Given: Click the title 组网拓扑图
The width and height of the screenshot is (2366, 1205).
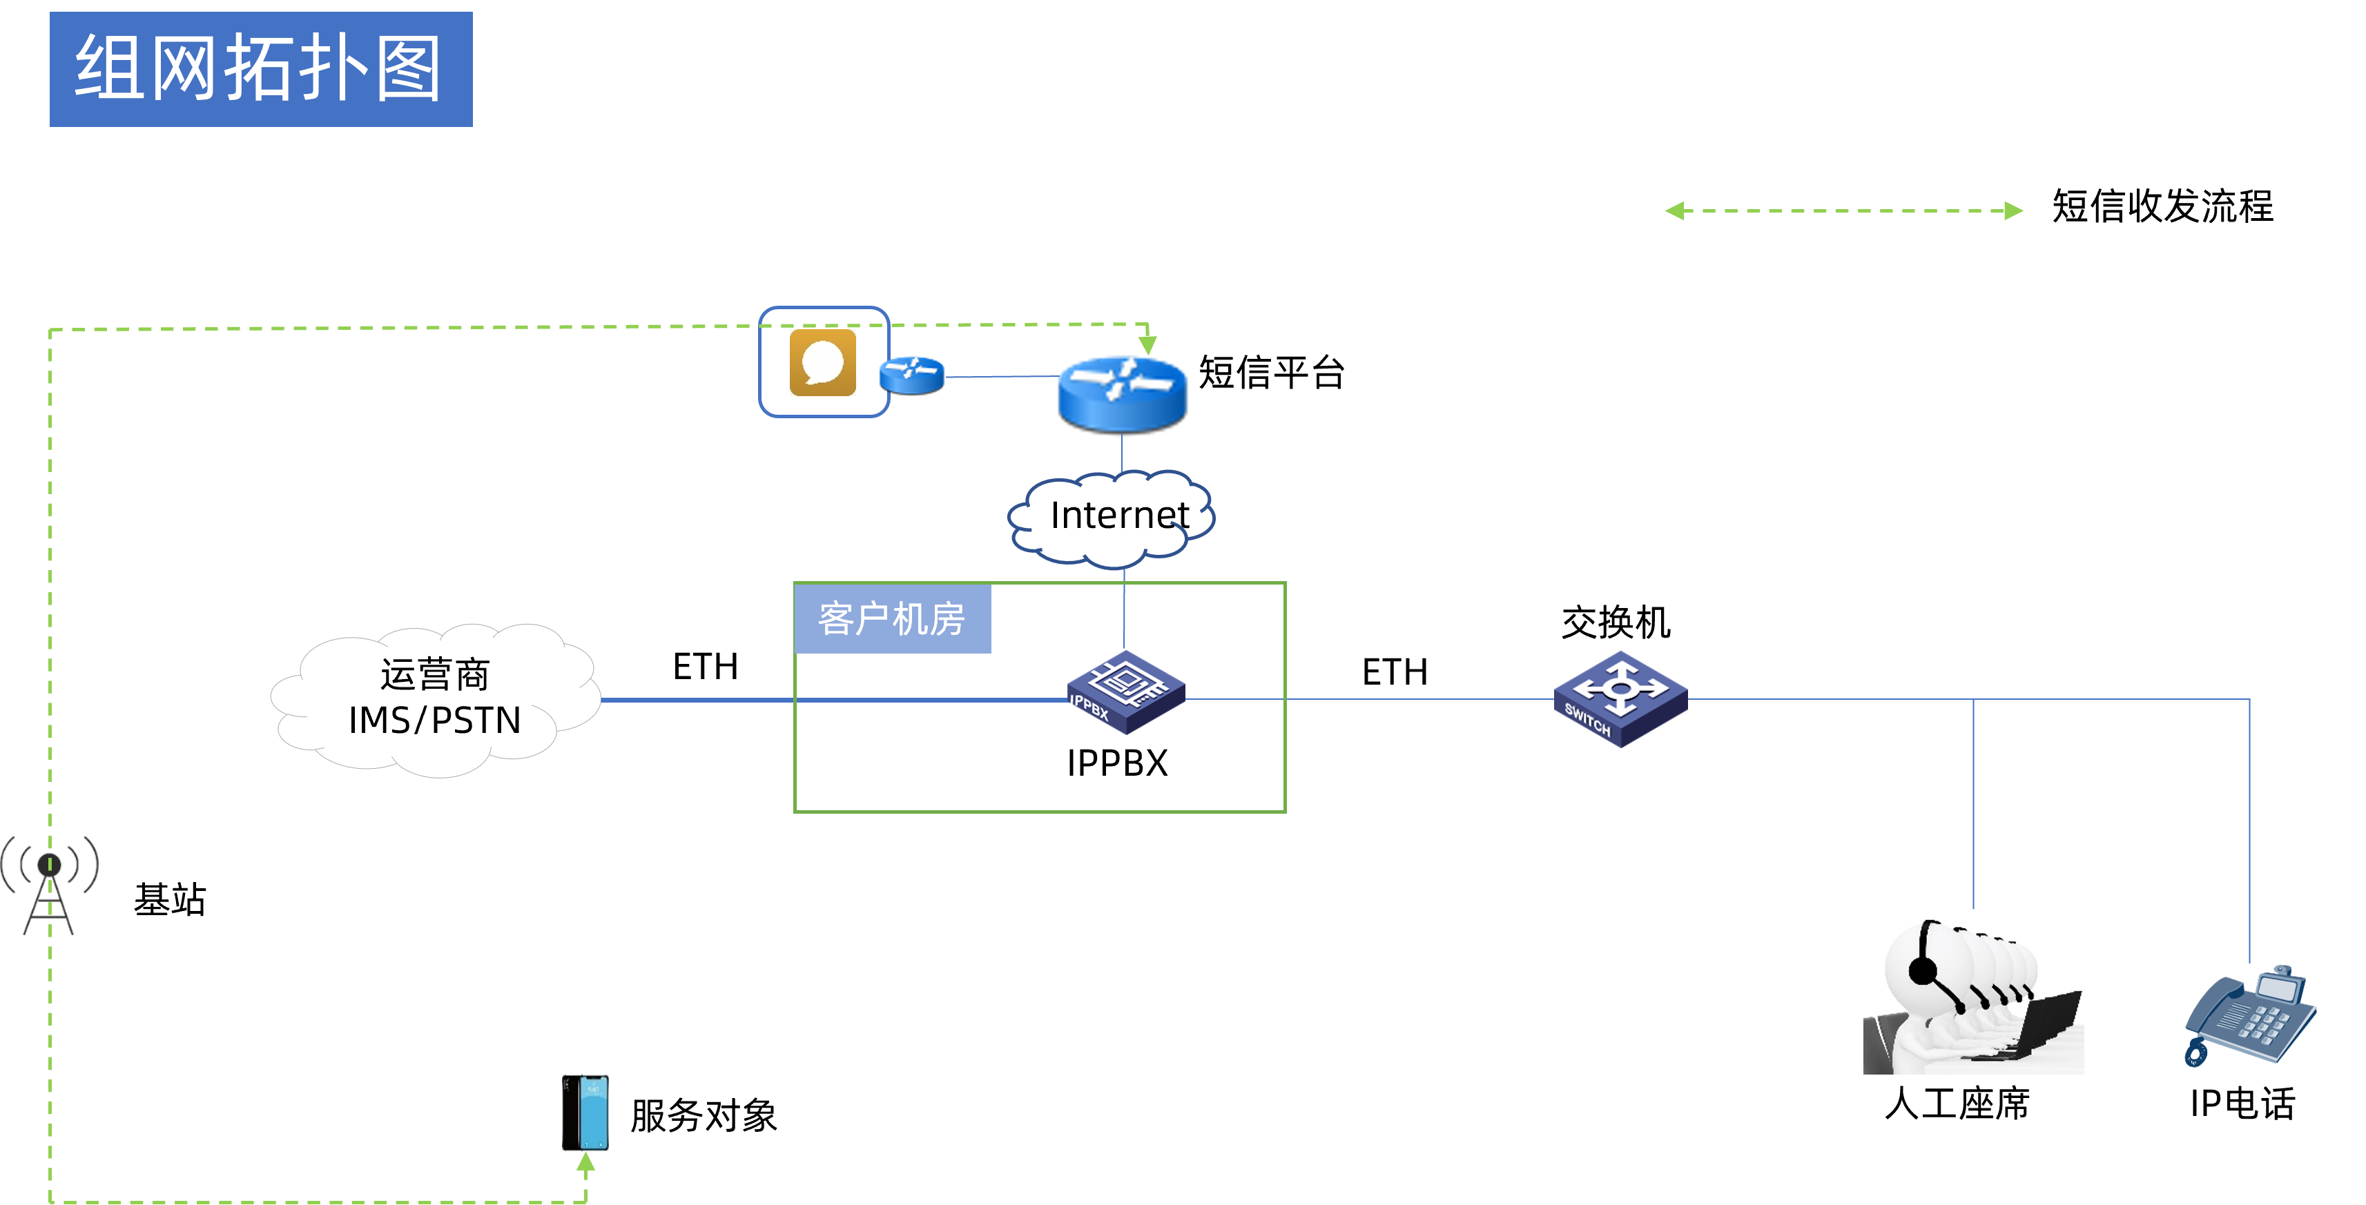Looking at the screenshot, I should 260,69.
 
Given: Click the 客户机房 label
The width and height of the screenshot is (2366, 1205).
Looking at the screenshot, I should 892,619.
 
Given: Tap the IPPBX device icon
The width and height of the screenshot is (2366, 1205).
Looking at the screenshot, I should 1126,692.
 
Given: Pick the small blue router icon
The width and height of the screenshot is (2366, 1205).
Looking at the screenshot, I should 911,375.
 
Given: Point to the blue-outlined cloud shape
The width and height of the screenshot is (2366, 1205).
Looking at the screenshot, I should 1112,519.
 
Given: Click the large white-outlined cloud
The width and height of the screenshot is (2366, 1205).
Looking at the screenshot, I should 436,700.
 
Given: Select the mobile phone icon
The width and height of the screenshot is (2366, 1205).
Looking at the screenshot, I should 585,1113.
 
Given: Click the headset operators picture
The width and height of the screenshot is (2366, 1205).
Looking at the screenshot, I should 1973,992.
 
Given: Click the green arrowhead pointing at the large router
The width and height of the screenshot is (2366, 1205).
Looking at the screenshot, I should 1147,345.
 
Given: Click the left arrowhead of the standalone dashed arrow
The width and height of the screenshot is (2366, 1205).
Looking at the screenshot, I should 1674,211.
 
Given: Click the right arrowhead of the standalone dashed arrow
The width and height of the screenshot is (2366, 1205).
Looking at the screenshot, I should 2013,211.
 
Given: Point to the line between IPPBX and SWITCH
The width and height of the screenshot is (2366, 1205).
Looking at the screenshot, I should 1368,699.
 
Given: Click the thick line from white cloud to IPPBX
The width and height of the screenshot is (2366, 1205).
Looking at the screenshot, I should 826,700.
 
